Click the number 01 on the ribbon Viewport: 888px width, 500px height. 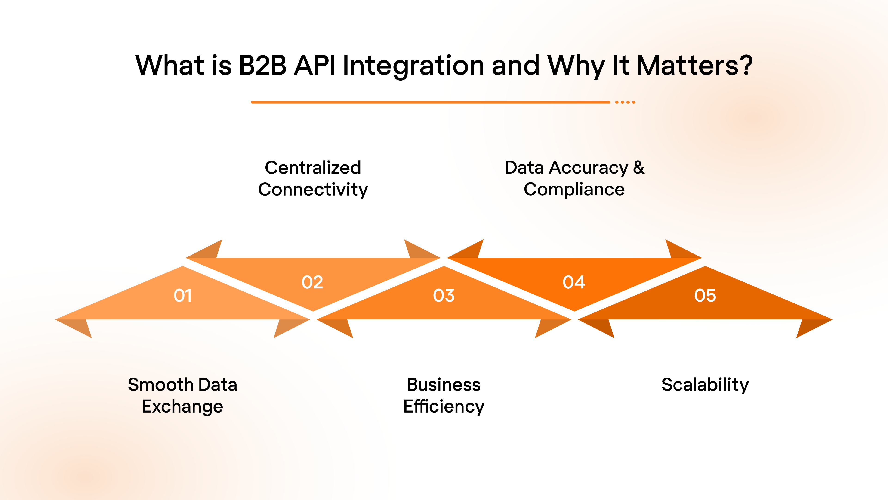[x=182, y=295]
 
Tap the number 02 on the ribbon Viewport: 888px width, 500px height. [x=312, y=282]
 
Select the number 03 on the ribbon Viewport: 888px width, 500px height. [x=444, y=295]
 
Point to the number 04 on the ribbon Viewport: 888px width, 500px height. [x=574, y=282]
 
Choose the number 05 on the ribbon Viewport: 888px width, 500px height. [x=705, y=295]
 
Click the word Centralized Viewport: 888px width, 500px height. [x=313, y=168]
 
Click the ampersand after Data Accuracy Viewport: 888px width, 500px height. [x=638, y=167]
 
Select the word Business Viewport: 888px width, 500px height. [x=444, y=385]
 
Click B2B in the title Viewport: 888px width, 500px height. [x=263, y=65]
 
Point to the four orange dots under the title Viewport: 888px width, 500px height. [x=625, y=102]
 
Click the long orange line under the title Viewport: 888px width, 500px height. [x=430, y=102]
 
